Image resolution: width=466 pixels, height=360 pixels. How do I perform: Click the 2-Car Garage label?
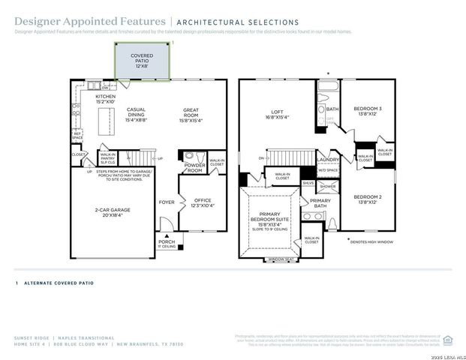113,210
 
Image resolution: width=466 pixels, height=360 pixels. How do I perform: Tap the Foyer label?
166,202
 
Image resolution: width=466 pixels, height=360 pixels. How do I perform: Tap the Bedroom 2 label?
368,199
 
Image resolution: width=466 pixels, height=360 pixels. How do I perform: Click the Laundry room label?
329,159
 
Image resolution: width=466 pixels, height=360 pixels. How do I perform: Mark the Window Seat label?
279,259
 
